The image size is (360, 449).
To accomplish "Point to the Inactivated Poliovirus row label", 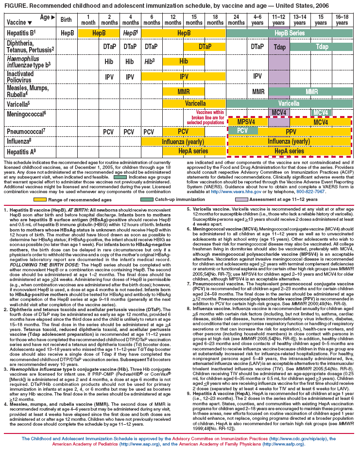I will tap(22, 76).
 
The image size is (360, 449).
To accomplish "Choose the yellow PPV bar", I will tap(291, 132).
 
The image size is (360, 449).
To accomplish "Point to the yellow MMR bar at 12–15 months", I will tap(183, 91).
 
